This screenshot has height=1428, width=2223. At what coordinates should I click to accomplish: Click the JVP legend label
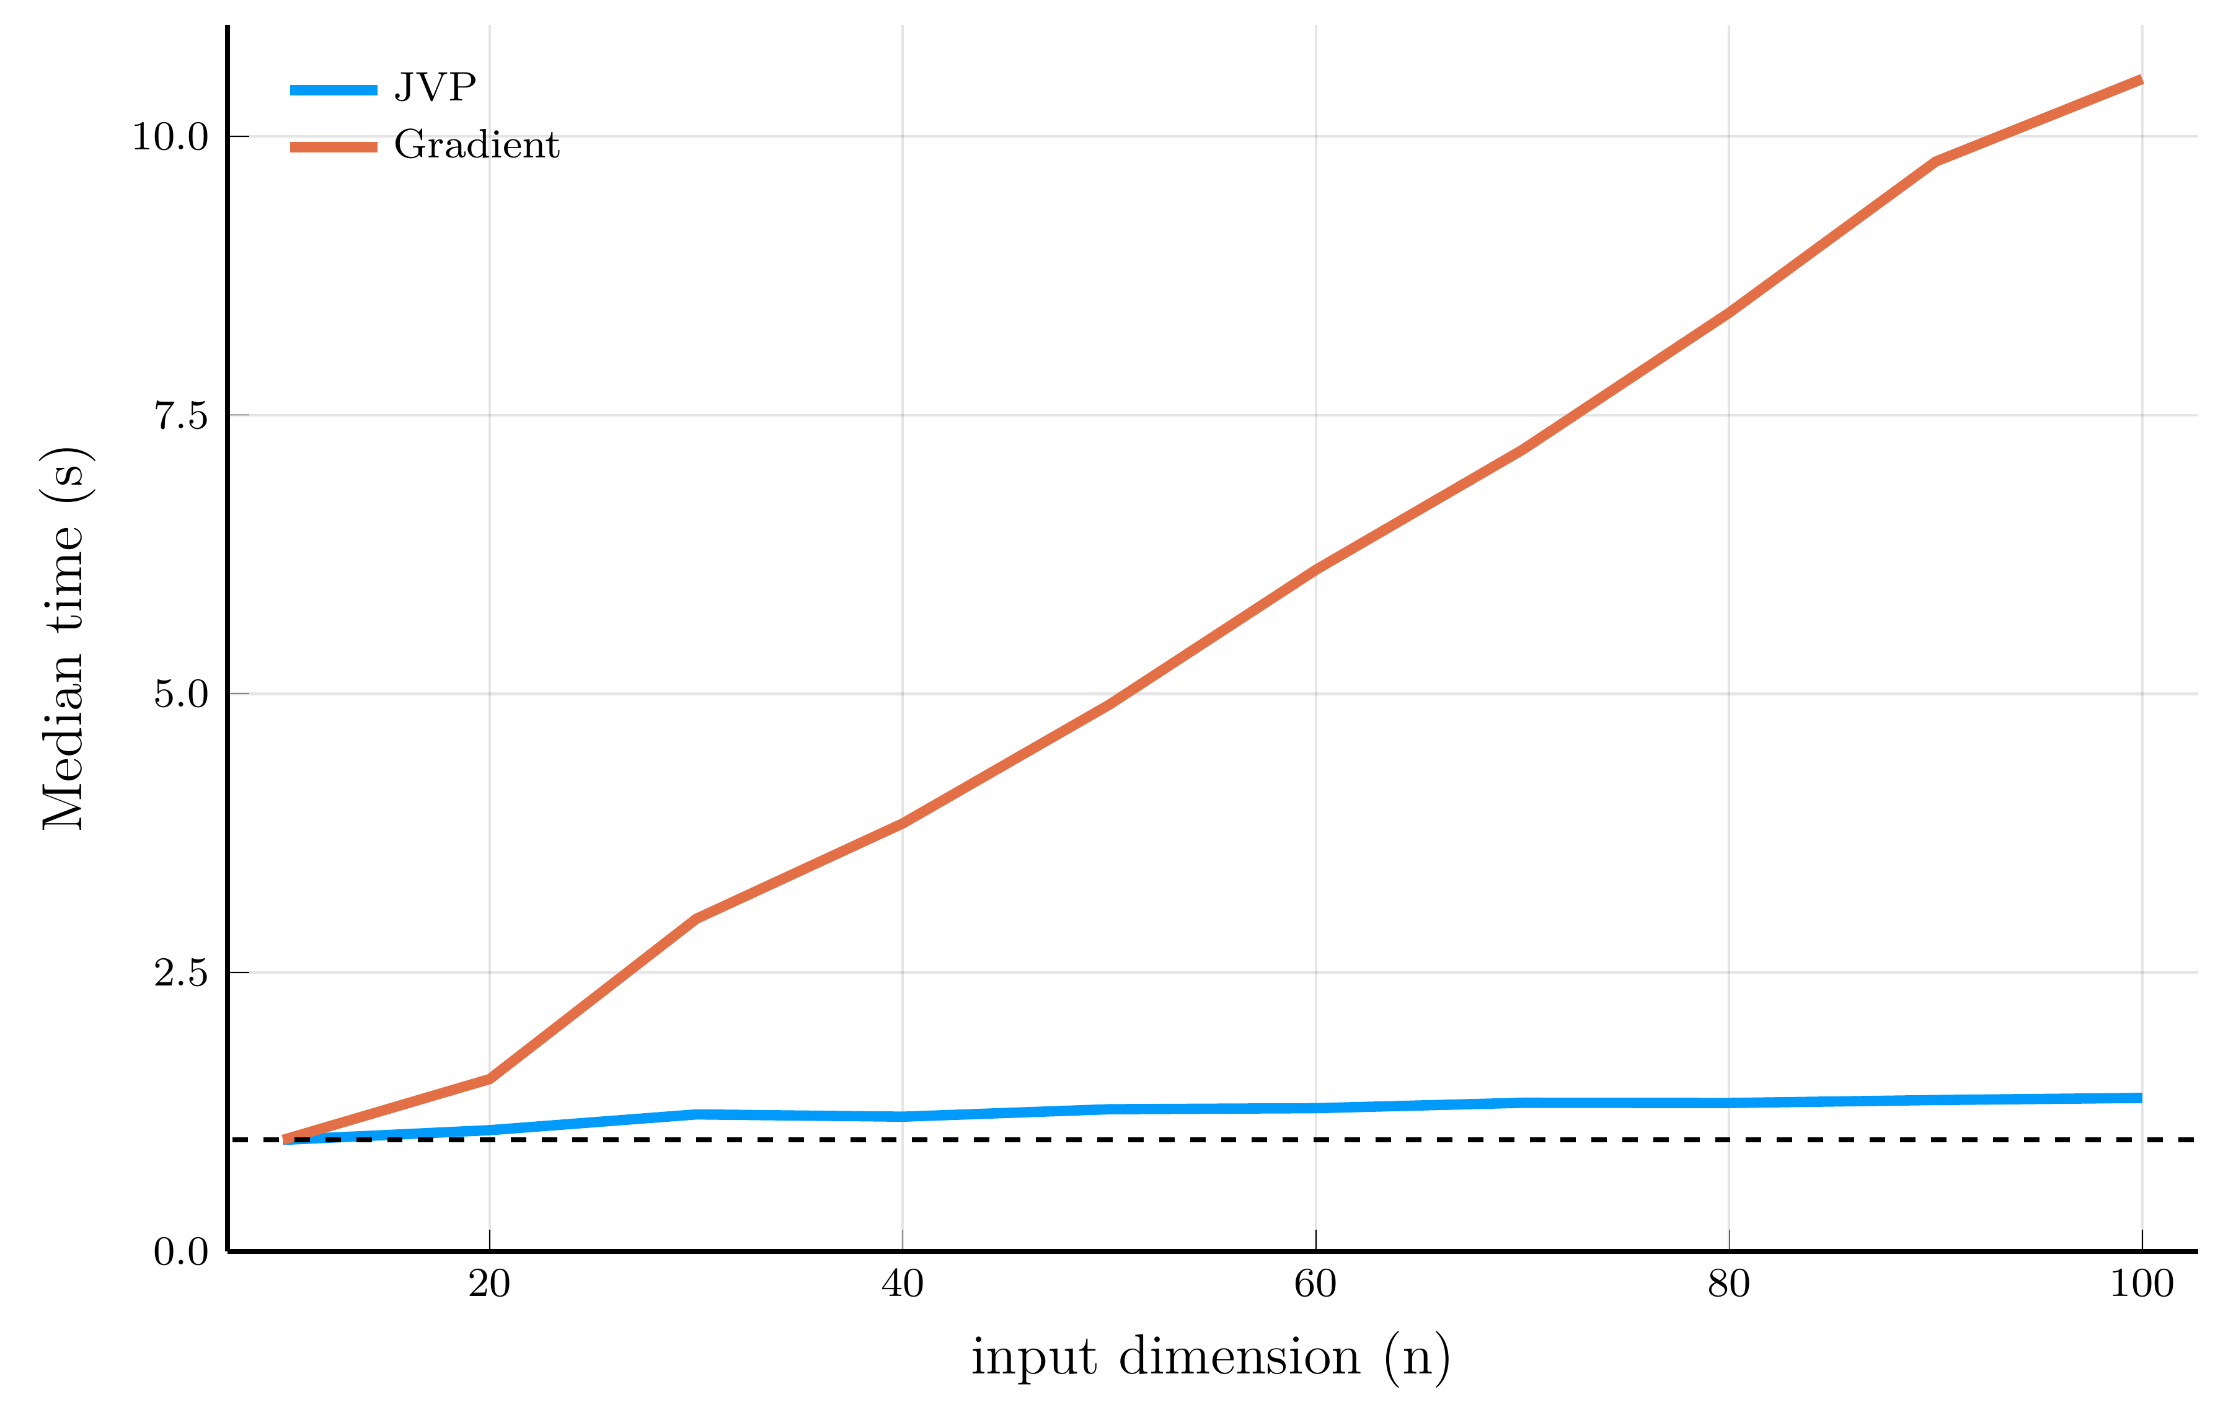(435, 87)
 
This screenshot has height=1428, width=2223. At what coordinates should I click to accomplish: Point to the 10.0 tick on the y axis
(170, 137)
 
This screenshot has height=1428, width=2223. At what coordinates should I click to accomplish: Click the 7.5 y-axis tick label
(181, 415)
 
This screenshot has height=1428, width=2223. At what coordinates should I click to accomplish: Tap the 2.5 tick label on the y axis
(181, 972)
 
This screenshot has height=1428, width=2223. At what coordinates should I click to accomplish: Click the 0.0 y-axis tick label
(181, 1252)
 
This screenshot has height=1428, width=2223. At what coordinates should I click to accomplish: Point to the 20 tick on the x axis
(490, 1284)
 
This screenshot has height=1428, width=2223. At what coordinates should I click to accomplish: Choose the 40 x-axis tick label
(903, 1284)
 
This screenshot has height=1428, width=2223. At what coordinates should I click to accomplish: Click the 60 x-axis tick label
(1315, 1284)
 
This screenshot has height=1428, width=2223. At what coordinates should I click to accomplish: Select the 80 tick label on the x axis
(1729, 1284)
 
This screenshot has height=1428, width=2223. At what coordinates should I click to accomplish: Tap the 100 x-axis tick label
(2141, 1284)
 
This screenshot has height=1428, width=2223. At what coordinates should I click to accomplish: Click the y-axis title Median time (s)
(65, 638)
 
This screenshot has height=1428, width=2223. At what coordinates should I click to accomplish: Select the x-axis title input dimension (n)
(1210, 1359)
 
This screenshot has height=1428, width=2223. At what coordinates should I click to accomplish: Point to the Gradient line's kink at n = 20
(490, 1078)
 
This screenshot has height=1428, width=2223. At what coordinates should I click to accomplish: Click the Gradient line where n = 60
(1315, 570)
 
